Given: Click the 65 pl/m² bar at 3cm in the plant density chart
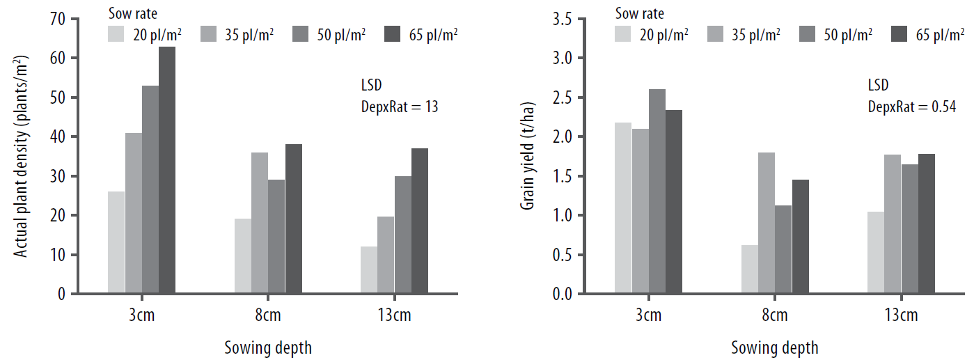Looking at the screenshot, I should (x=167, y=170).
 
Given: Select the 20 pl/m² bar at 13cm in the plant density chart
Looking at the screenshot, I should (x=369, y=270).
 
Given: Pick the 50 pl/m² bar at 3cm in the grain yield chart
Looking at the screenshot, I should (x=657, y=191).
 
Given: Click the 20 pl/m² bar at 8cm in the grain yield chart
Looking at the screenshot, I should (x=750, y=269).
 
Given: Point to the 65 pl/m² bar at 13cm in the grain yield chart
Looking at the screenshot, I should (x=926, y=224).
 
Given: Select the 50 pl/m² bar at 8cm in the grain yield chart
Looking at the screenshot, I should (x=783, y=249).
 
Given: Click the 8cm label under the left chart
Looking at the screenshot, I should (x=268, y=315).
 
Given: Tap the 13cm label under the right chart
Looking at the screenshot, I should (x=902, y=315).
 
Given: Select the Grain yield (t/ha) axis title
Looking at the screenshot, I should (x=528, y=157).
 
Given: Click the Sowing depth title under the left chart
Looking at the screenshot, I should (x=268, y=347).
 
